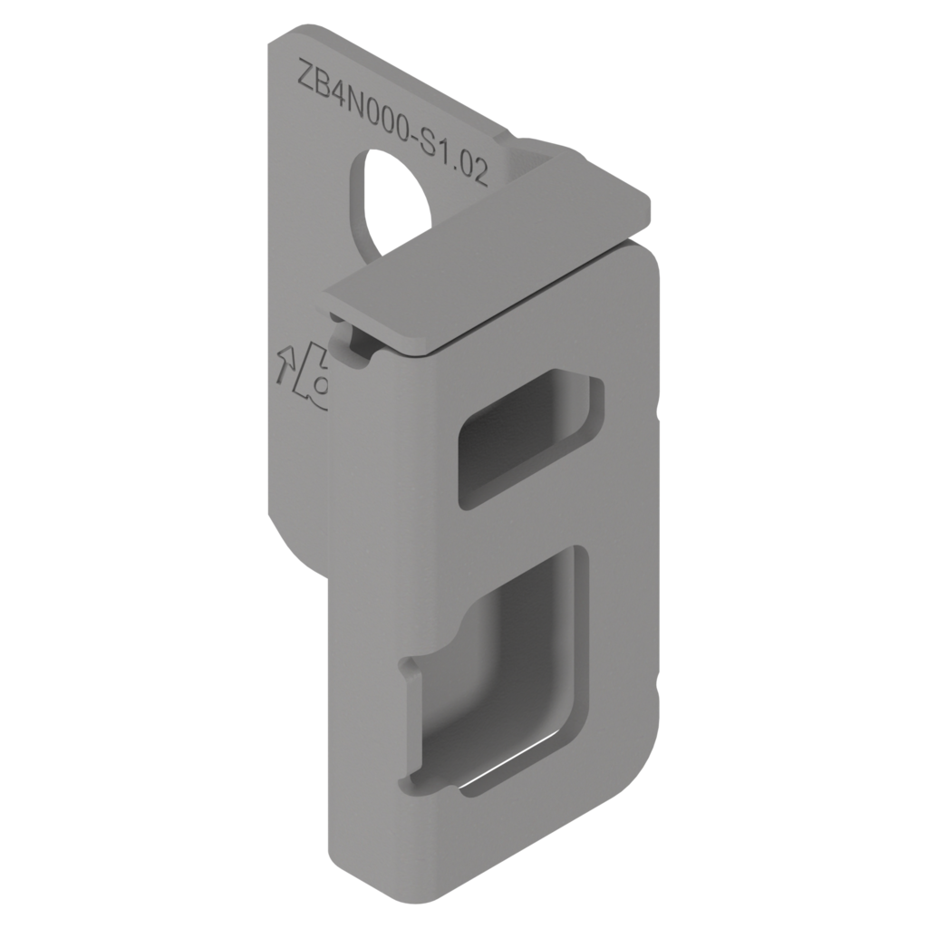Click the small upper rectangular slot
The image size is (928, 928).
530,438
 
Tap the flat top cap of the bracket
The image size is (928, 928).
487,254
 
